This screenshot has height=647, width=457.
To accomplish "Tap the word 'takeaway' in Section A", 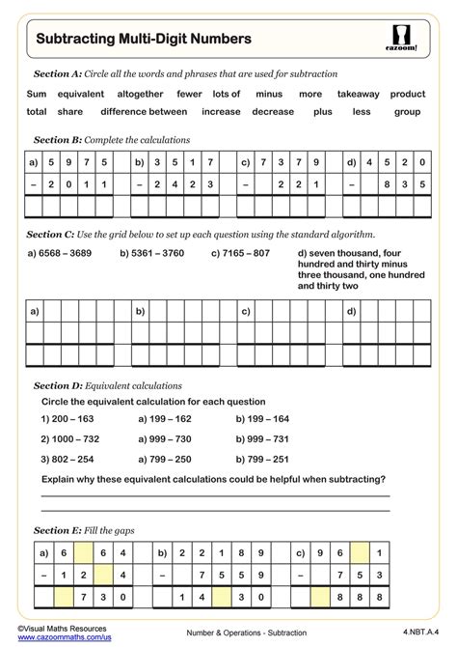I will click(358, 95).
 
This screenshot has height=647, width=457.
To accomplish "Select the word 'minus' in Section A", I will click(269, 95).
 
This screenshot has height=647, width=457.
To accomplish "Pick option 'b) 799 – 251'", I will click(262, 459).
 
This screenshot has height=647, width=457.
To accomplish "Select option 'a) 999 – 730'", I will click(165, 439).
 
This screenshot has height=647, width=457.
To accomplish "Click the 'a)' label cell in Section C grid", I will click(35, 311).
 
